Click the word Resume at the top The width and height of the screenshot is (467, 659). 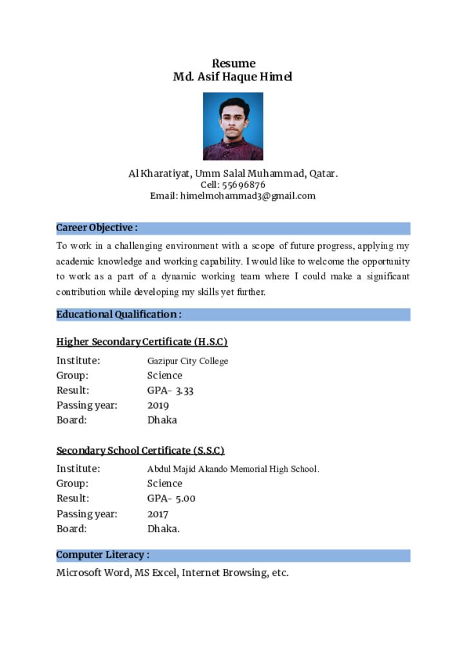pos(233,63)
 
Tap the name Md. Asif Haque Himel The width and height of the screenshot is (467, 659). pos(233,77)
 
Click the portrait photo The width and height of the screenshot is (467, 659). pos(233,126)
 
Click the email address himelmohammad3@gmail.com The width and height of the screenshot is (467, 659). pos(248,196)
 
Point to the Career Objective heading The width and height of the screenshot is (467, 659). pos(97,228)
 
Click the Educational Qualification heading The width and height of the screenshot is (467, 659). pos(119,315)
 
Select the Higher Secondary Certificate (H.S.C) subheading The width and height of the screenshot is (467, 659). pos(142,342)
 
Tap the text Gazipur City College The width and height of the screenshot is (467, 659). pos(187,361)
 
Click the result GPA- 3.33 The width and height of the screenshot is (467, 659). pos(170,391)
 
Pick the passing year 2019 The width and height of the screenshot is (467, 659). pos(158,405)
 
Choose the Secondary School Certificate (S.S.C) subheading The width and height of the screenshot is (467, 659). pos(140,450)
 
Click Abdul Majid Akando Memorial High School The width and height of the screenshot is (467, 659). pos(233,469)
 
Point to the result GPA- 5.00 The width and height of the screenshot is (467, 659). pos(171,499)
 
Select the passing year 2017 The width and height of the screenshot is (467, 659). pos(158,514)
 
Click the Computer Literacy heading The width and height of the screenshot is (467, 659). pos(102,555)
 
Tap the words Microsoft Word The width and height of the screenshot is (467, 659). pos(92,573)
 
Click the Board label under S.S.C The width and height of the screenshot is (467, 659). pos(71,529)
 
